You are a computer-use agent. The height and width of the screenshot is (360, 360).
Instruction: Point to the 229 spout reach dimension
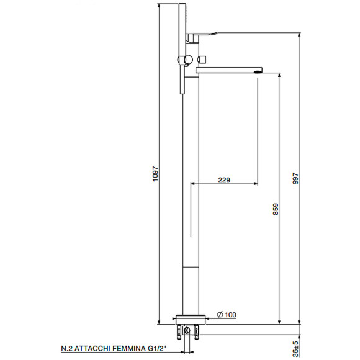[225, 180]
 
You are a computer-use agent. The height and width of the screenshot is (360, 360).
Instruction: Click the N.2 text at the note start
[68, 349]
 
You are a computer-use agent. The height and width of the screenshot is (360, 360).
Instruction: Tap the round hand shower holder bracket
[182, 60]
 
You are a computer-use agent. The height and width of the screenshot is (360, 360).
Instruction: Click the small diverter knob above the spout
[202, 60]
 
